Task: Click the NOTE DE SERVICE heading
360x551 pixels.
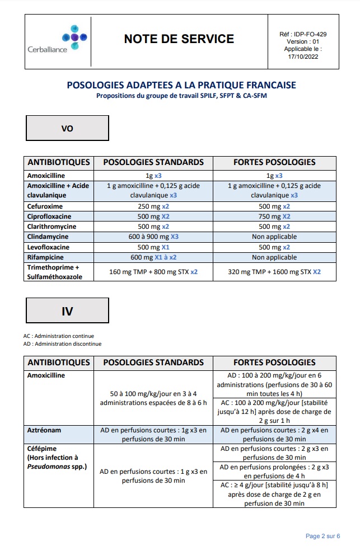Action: coord(179,39)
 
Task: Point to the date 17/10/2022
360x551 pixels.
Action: coord(303,56)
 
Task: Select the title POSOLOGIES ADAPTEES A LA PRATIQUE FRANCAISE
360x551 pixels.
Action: coord(181,86)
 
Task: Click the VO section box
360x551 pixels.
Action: coord(67,128)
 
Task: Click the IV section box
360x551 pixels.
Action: coord(67,311)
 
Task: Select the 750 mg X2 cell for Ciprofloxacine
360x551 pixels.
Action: coord(274,216)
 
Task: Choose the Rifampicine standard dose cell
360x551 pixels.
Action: coord(153,257)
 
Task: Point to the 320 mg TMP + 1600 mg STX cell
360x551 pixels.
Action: coord(274,272)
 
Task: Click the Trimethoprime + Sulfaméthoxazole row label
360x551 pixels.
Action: coord(54,272)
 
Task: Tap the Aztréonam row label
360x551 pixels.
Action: coord(45,430)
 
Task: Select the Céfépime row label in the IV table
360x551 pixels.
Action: coord(42,449)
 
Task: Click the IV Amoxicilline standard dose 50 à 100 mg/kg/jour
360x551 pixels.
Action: coord(153,398)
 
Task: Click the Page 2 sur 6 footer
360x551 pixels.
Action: coord(322,536)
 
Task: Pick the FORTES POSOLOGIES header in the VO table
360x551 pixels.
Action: coord(274,162)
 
